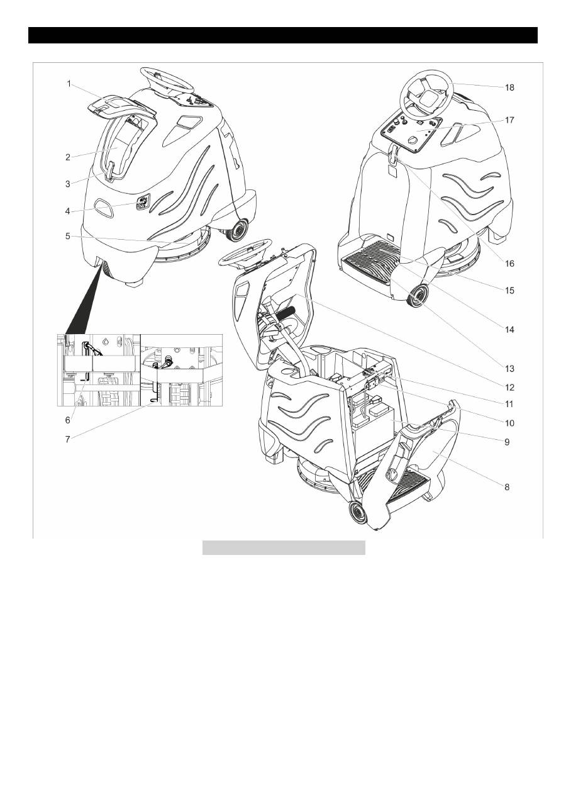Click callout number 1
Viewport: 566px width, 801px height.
click(69, 83)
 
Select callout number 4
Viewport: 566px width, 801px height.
click(69, 211)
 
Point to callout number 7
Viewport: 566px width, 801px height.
click(68, 439)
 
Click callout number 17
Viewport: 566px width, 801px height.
click(509, 120)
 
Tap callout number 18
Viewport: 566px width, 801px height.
click(509, 87)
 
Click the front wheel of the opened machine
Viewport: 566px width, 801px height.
click(357, 513)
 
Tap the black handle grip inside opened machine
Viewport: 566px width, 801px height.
click(287, 311)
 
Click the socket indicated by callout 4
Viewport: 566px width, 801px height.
click(142, 203)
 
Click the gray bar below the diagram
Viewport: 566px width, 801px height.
click(284, 547)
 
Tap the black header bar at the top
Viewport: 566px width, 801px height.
click(283, 35)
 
